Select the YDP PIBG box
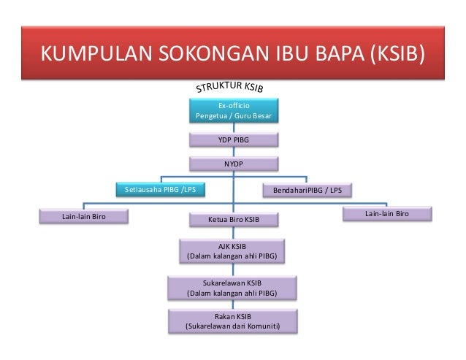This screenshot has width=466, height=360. click(x=233, y=139)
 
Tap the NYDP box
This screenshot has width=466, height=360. click(x=233, y=164)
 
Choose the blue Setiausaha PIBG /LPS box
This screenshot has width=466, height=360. click(x=160, y=190)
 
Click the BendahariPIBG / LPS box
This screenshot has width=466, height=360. click(x=307, y=190)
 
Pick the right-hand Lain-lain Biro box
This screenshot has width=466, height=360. click(x=387, y=214)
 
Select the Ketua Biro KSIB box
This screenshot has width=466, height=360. click(x=233, y=219)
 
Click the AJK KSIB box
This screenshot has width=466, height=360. click(x=233, y=250)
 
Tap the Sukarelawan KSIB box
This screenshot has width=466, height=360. click(x=233, y=288)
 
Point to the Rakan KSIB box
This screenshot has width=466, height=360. click(x=233, y=321)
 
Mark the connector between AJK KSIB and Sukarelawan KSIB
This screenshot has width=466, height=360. click(x=233, y=269)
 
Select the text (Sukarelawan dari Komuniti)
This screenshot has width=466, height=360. click(x=233, y=326)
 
